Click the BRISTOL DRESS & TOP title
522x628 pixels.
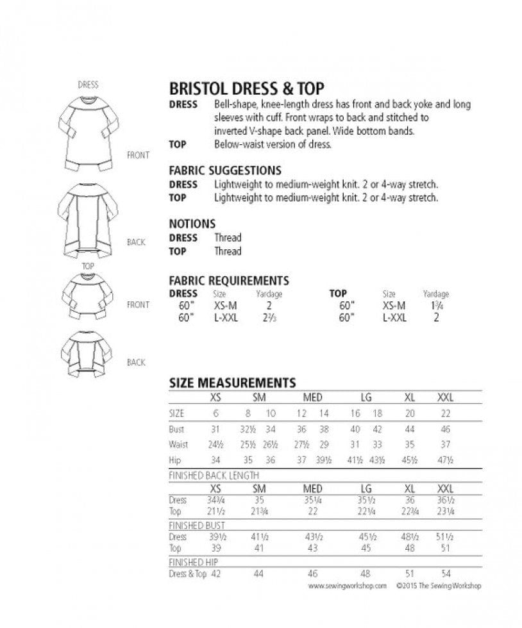(246, 88)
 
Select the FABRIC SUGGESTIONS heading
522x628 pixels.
(224, 170)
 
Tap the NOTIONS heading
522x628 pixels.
(192, 224)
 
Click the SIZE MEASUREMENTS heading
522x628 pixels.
(232, 383)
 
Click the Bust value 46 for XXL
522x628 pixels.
(446, 430)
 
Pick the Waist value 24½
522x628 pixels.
(215, 445)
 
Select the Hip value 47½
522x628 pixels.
(446, 460)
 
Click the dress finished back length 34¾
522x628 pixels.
(215, 500)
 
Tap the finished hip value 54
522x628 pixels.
(446, 574)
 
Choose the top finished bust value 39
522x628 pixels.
(215, 549)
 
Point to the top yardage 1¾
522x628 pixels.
(435, 306)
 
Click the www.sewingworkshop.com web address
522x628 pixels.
(347, 586)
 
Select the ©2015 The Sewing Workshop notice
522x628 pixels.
(438, 586)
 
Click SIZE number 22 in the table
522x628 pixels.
(446, 414)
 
